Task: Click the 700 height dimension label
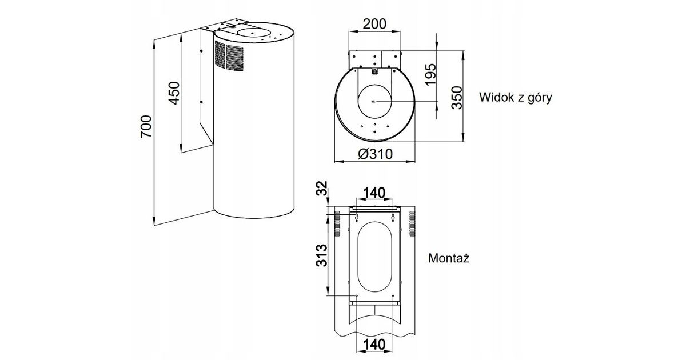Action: point(146,127)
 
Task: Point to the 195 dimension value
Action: point(430,74)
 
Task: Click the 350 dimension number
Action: point(455,98)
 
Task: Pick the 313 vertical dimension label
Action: point(322,255)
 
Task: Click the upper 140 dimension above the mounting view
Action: point(374,193)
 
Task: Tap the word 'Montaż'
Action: point(449,258)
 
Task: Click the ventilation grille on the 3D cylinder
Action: point(229,56)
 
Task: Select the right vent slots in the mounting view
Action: point(412,223)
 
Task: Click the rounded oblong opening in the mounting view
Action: point(374,258)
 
